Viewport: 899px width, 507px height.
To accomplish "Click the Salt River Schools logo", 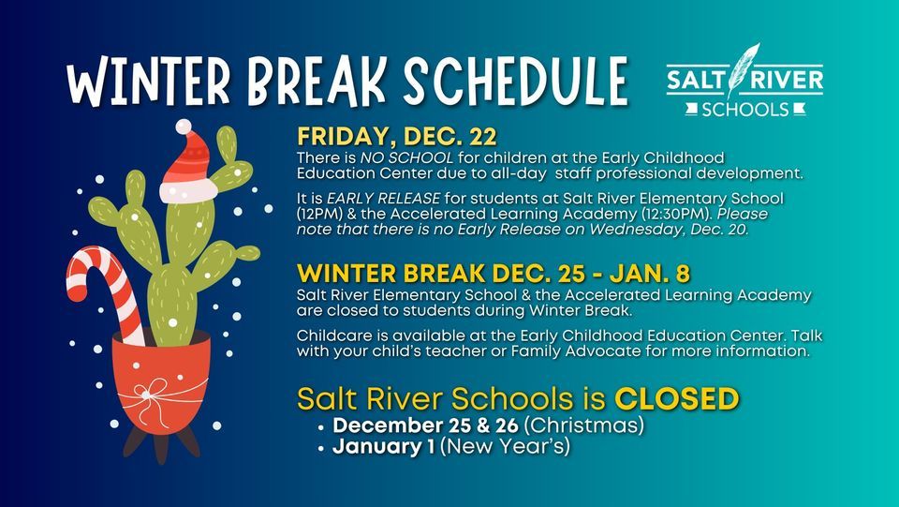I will click(x=745, y=83).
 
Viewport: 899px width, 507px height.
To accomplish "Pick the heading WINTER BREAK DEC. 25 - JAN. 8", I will click(x=494, y=274).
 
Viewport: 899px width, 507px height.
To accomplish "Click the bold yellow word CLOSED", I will click(x=677, y=399).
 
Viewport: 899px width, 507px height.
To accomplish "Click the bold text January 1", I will click(x=384, y=447).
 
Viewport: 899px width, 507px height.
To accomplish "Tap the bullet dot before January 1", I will click(x=321, y=449).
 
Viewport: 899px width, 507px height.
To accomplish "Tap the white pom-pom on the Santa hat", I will click(x=184, y=127).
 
